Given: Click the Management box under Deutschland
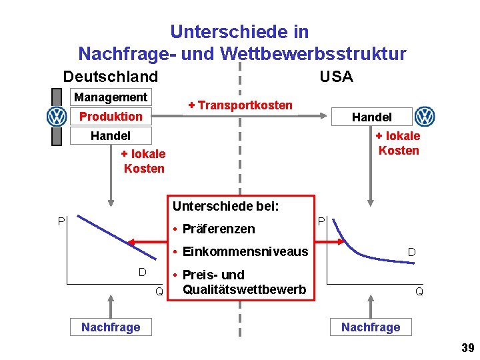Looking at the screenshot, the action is tap(111, 97).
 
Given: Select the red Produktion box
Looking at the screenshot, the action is tap(111, 117).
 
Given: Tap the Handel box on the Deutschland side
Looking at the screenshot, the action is tap(111, 136).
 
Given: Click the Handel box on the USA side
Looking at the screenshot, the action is tap(371, 117).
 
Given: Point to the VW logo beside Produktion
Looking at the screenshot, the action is tap(57, 117).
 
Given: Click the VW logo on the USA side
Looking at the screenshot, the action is tap(425, 117).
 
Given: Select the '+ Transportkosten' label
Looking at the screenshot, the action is tap(240, 105).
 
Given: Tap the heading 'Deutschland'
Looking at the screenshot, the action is tap(111, 77).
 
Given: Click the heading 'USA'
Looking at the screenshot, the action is tap(336, 77).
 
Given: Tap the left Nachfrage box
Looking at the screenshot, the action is tap(111, 327).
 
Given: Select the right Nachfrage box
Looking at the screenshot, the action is tap(371, 327).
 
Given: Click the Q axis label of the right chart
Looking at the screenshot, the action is tap(419, 291).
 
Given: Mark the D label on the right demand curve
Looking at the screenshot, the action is tap(412, 252).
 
